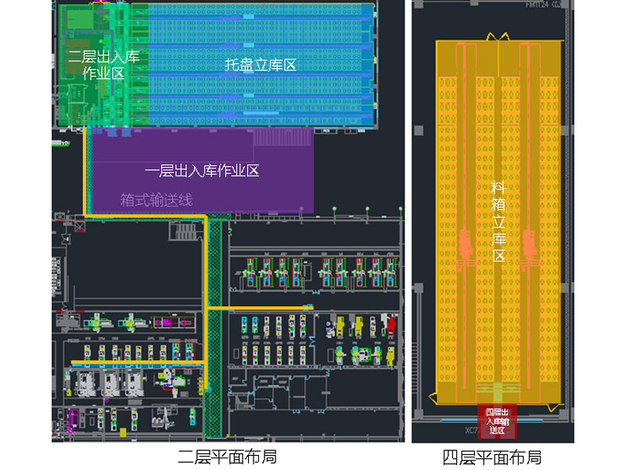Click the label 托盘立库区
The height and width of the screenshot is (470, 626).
[x=261, y=66]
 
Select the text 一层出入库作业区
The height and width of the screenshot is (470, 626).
[x=203, y=171]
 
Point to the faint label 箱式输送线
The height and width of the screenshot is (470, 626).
[x=156, y=200]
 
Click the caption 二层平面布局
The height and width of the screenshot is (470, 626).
[x=227, y=455]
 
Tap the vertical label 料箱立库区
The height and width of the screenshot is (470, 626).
[x=498, y=221]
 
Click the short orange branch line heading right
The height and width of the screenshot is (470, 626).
[x=262, y=308]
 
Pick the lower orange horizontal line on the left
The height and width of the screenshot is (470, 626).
[x=138, y=362]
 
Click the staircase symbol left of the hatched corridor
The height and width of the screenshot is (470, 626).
[x=185, y=232]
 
